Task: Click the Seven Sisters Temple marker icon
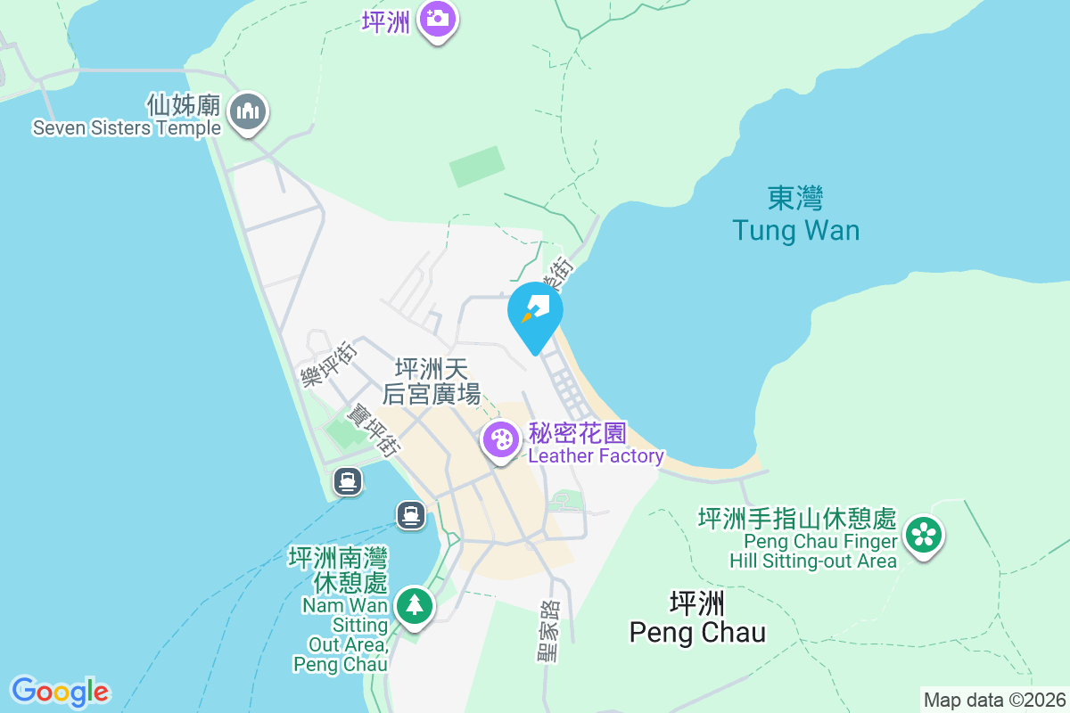(x=249, y=113)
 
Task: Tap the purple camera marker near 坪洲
(x=438, y=17)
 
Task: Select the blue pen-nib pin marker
(x=535, y=313)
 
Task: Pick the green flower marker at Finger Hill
(x=924, y=536)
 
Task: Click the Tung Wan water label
(x=795, y=231)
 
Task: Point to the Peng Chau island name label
(x=697, y=632)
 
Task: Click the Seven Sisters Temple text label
(x=127, y=127)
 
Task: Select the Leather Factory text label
(x=596, y=456)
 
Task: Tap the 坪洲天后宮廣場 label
(x=432, y=381)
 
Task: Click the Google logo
(x=60, y=691)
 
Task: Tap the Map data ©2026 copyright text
(x=994, y=700)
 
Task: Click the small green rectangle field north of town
(x=477, y=167)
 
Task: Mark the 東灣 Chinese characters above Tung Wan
(x=794, y=197)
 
